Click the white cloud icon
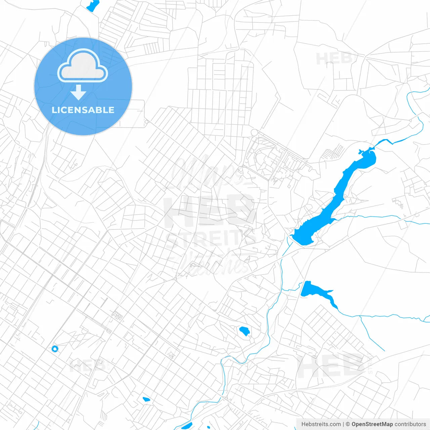tap(83, 66)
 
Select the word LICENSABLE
tap(83, 110)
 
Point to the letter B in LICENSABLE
tap(99, 110)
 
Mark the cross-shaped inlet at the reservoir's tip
tap(361, 152)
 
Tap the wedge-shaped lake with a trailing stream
tap(311, 290)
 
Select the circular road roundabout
tap(254, 132)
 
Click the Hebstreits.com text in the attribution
tap(321, 424)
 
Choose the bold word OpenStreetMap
tap(372, 424)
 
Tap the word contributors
tap(410, 424)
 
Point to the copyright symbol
tap(348, 424)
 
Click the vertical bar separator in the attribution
tap(343, 424)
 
